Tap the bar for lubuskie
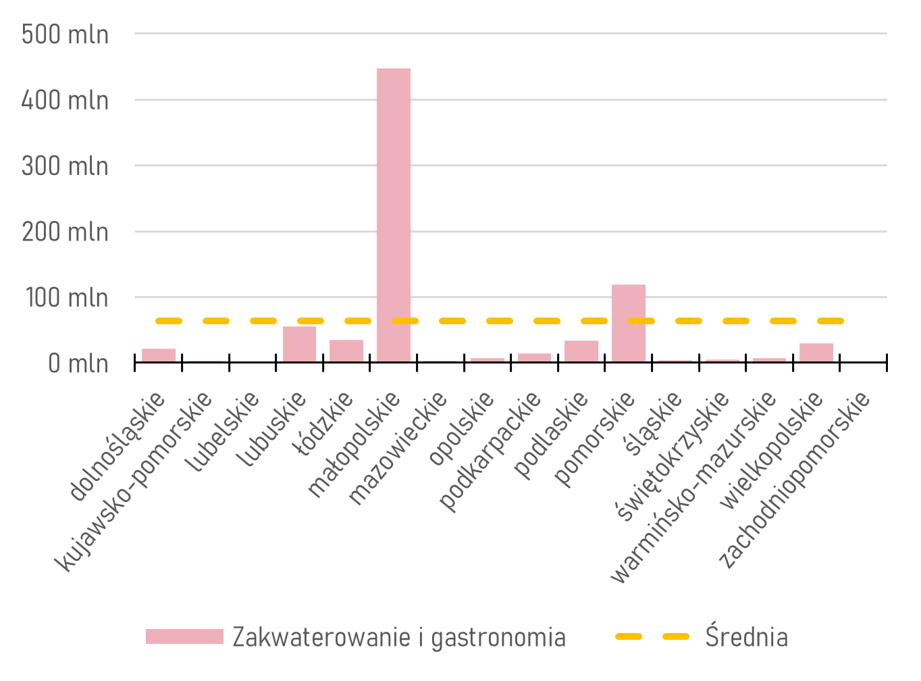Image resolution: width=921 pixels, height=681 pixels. (299, 344)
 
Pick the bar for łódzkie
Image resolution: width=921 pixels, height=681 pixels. (346, 351)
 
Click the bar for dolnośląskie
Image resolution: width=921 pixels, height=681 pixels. (159, 355)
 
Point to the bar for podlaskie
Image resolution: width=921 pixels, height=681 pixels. (581, 351)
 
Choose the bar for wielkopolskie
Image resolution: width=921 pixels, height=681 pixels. (816, 352)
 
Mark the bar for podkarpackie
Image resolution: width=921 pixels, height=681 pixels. (535, 357)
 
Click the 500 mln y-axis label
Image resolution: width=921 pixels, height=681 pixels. (65, 34)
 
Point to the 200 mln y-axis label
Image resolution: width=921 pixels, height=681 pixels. (65, 232)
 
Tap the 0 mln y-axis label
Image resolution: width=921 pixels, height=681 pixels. (78, 363)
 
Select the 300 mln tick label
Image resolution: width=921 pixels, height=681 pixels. (65, 166)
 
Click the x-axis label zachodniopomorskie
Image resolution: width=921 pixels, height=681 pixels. (795, 480)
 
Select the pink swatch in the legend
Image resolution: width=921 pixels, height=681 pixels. (184, 636)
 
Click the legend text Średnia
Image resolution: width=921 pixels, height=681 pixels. (746, 637)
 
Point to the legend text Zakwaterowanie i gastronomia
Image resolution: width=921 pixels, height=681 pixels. (399, 637)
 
